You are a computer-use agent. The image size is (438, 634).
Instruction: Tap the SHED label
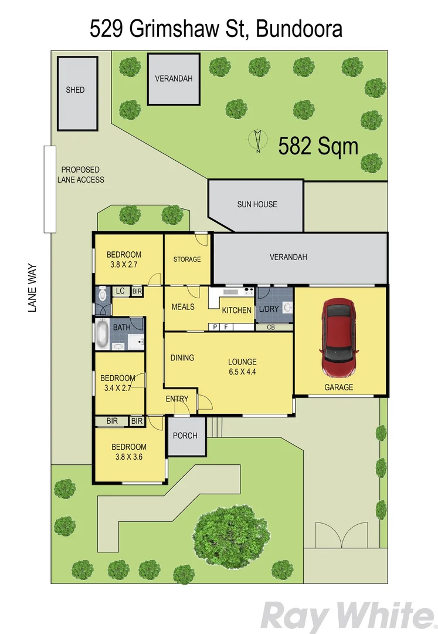[x=75, y=90]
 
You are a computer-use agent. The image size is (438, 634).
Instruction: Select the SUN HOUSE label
[x=257, y=204]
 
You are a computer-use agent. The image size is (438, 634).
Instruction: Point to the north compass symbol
[x=257, y=141]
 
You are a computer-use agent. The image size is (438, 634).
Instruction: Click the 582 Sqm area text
[x=318, y=146]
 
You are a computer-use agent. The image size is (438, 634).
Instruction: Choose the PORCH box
[x=186, y=436]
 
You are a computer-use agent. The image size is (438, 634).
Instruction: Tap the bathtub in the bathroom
[x=102, y=335]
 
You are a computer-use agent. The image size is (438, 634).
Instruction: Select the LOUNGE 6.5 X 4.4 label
[x=243, y=366]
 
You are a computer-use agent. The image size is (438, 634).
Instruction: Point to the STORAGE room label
[x=187, y=259]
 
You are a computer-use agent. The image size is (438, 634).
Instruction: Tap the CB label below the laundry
[x=270, y=327]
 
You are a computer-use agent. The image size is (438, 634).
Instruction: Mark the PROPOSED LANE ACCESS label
[x=80, y=174]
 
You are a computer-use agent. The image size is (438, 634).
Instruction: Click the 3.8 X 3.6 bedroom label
[x=129, y=451]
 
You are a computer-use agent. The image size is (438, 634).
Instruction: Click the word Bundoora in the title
[x=300, y=28]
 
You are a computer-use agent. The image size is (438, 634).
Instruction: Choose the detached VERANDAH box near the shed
[x=174, y=79]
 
